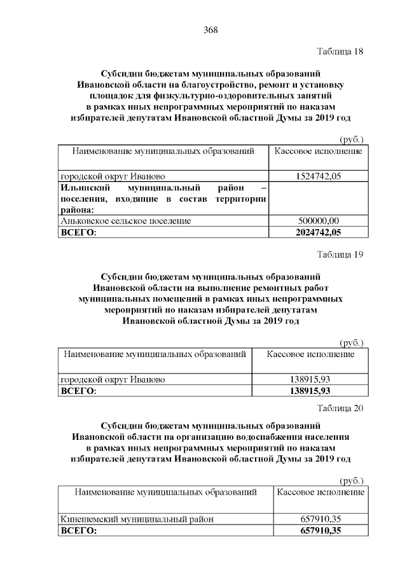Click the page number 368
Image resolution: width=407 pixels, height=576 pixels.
(x=210, y=29)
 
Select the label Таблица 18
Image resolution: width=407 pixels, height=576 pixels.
(x=339, y=52)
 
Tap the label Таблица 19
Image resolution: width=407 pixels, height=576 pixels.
(x=340, y=255)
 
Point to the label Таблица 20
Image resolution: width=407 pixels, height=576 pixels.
(x=340, y=408)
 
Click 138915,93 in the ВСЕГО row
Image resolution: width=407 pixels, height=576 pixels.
(x=310, y=390)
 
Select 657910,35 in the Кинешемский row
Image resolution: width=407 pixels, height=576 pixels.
(x=321, y=519)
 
